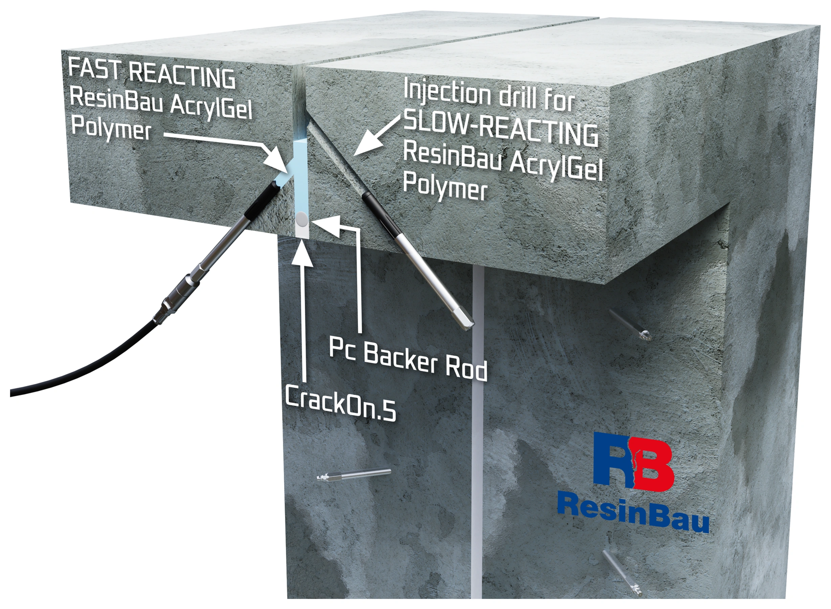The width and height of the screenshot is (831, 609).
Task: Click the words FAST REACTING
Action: (152, 75)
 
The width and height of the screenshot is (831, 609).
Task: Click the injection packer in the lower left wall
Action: (354, 474)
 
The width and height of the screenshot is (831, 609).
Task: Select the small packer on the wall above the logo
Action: (628, 324)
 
